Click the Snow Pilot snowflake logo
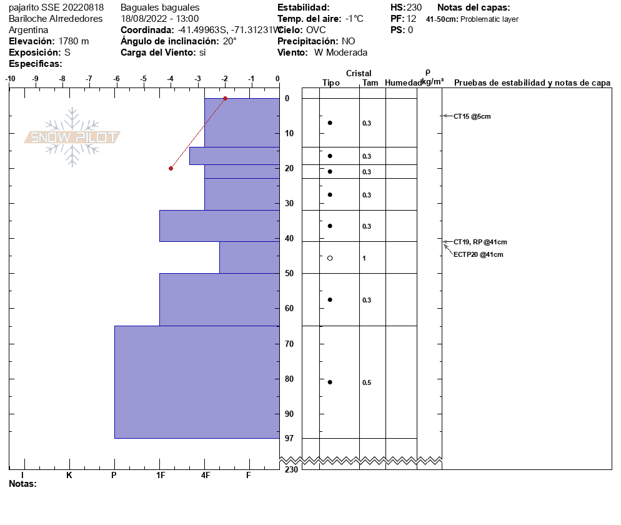point(72,137)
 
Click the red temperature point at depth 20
point(171,168)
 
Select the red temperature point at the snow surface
point(225,98)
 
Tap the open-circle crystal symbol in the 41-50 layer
point(330,258)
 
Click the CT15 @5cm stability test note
point(472,116)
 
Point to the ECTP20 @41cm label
point(478,254)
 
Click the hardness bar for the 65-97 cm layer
point(196,382)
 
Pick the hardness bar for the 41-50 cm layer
point(249,257)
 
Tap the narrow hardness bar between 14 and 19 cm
point(234,156)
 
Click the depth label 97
point(289,438)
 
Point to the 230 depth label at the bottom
point(291,469)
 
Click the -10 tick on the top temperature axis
point(10,79)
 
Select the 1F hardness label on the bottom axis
point(160,475)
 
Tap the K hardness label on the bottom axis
point(69,475)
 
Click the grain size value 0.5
point(367,382)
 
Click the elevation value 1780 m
point(74,41)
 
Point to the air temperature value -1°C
point(354,19)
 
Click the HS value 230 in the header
point(414,7)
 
